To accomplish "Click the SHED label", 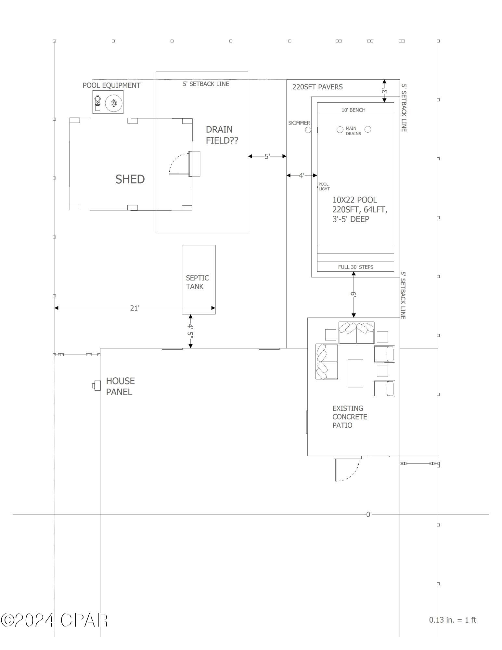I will pos(130,179).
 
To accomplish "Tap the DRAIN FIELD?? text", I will pos(222,135).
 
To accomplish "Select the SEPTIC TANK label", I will pos(197,282).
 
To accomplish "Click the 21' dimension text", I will pos(135,308).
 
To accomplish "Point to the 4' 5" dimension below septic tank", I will pos(190,331).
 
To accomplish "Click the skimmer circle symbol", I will pos(308,130).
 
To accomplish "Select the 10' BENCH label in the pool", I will pos(353,110).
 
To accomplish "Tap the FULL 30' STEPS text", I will pos(355,267).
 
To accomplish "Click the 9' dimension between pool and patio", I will pos(354,295).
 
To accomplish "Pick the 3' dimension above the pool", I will pos(384,91).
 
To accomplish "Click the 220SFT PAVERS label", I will pos(317,87).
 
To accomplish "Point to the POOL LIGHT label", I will pos(324,186).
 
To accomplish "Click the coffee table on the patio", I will pos(355,373).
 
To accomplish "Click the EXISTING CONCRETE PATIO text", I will pos(349,417).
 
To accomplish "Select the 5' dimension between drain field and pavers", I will pos(267,156).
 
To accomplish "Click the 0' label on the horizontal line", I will pos(368,514).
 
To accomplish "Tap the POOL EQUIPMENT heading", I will pos(111,85).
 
